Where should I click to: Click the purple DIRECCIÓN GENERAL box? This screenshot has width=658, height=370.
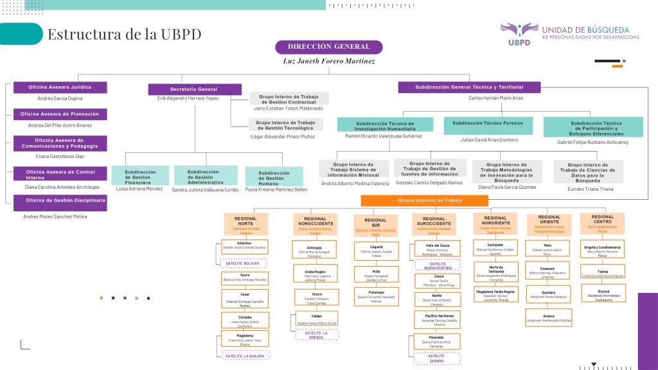(x=328, y=47)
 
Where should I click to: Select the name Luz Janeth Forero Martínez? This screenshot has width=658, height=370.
(x=328, y=62)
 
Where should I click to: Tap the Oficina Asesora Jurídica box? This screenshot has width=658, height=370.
(x=60, y=87)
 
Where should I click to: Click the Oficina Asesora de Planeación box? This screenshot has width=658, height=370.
(x=60, y=114)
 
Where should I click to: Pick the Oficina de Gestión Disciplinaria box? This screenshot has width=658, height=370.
(x=60, y=200)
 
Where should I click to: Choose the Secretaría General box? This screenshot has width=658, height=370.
(x=193, y=89)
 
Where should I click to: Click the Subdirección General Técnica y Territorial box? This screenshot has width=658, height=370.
(x=469, y=87)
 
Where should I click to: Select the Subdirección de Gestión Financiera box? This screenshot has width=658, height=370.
(x=140, y=175)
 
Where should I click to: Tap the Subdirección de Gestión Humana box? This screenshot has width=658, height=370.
(x=274, y=177)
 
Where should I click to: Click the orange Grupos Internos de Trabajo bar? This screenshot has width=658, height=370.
(x=425, y=200)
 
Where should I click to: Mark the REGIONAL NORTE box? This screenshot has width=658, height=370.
(x=245, y=224)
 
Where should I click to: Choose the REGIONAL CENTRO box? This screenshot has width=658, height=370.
(x=602, y=223)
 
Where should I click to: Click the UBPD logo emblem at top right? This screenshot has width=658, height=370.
(x=519, y=31)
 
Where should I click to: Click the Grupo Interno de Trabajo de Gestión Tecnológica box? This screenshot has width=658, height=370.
(x=289, y=125)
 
